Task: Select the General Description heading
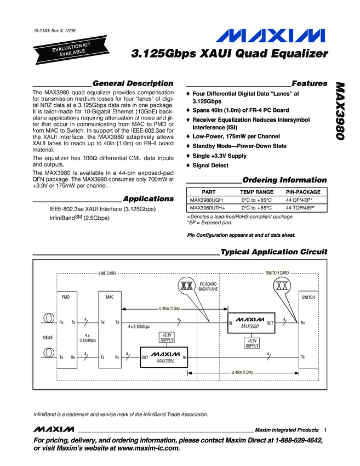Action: click(x=133, y=83)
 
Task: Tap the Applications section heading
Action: click(x=148, y=198)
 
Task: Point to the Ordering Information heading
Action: click(x=284, y=180)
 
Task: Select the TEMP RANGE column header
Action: click(x=256, y=192)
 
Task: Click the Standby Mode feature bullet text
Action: click(x=239, y=146)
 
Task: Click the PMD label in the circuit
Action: click(x=65, y=297)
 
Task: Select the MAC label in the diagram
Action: click(x=109, y=297)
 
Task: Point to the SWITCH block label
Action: click(x=308, y=297)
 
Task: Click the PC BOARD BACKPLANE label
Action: click(x=208, y=286)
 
